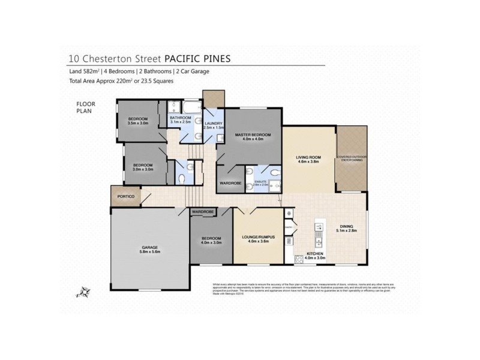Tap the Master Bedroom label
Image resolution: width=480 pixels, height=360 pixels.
[249, 136]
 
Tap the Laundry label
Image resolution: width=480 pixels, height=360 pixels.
[214, 125]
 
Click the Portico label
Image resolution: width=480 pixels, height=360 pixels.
[125, 197]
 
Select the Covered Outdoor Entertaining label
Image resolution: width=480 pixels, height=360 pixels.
[351, 158]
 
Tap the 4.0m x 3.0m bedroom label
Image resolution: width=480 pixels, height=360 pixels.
[211, 240]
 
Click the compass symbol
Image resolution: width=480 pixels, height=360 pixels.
[81, 293]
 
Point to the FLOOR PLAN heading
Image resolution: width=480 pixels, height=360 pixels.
[86, 106]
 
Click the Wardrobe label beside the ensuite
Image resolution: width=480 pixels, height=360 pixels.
[230, 183]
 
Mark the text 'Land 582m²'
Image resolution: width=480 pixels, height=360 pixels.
[85, 71]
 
